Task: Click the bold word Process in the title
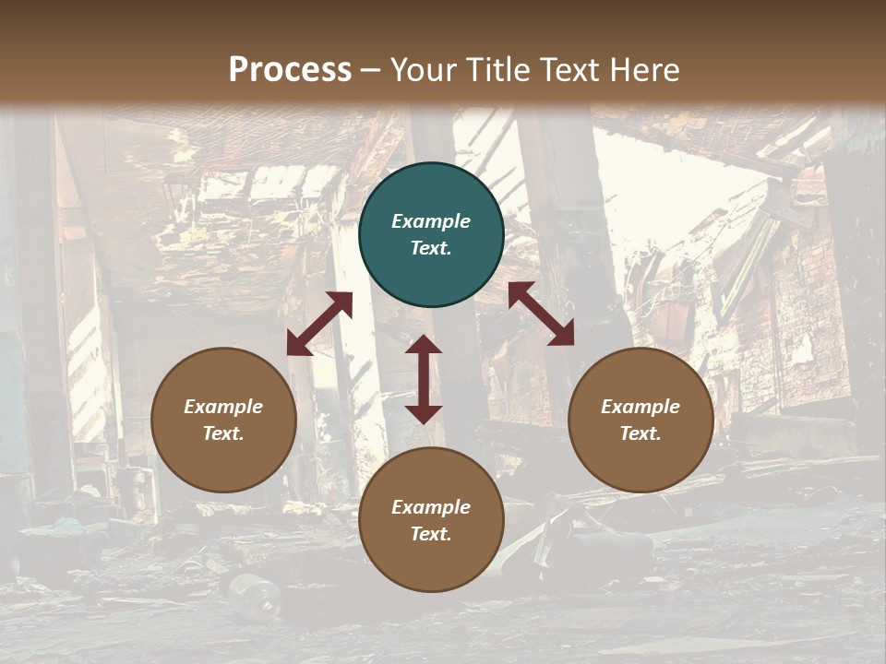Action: [x=290, y=70]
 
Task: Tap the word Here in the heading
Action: [x=643, y=70]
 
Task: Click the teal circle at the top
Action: [x=431, y=235]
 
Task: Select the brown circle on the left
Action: [x=223, y=420]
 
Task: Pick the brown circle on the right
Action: [x=641, y=420]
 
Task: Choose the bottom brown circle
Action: [x=431, y=520]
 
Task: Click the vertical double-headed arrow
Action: [x=424, y=379]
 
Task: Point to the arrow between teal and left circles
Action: [x=319, y=324]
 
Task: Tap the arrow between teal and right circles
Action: [x=541, y=314]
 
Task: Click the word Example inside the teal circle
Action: [x=431, y=221]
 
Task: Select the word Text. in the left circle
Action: [x=223, y=433]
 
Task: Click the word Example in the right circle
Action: [x=641, y=407]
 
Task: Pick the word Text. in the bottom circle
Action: [x=431, y=534]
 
